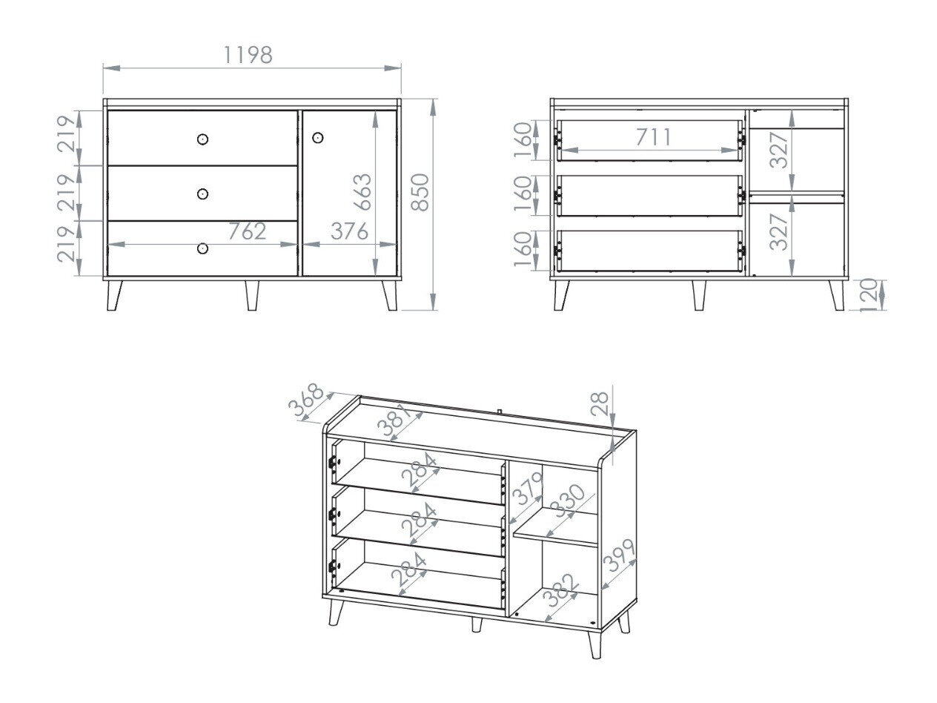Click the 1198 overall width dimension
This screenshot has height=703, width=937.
pos(248,55)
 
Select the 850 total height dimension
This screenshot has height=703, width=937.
pos(420,193)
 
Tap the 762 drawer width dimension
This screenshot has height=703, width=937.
pos(246,231)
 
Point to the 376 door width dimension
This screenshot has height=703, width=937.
pos(348,231)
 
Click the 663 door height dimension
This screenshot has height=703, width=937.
pos(362,193)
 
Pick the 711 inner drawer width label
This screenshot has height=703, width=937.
pos(652,137)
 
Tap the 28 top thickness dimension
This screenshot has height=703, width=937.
pos(601,403)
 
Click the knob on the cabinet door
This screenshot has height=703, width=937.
pos(318,138)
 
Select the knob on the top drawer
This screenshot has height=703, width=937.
pos(202,139)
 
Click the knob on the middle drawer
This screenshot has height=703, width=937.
pos(202,194)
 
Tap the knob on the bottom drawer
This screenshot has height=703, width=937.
pos(202,248)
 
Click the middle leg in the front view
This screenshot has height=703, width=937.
pos(252,295)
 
